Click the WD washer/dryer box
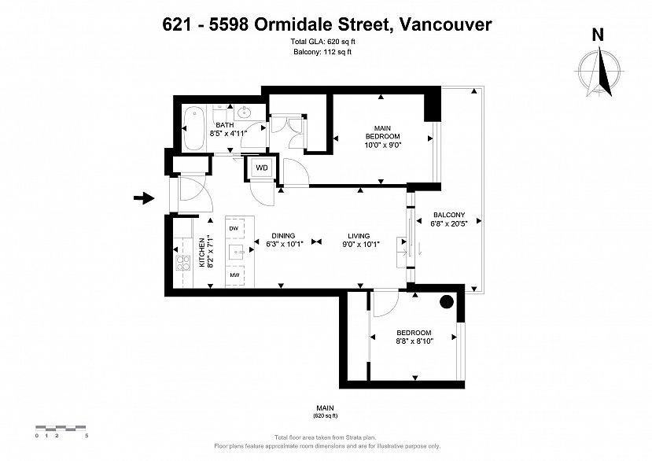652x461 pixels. [262, 168]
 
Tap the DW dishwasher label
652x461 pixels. [234, 228]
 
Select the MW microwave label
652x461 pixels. [234, 275]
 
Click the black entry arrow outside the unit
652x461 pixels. [144, 198]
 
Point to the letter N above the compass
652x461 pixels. [598, 35]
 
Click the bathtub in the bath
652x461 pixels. [193, 128]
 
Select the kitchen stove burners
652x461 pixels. [183, 263]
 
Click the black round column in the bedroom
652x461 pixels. [447, 302]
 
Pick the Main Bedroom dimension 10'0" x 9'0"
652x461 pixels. [382, 145]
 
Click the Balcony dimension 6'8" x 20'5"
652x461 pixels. [449, 223]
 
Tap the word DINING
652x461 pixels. [284, 235]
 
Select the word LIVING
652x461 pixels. [359, 236]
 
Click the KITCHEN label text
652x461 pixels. [201, 253]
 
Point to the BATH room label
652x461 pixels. [224, 125]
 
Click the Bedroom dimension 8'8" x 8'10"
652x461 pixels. [414, 341]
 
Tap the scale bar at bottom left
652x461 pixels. [61, 428]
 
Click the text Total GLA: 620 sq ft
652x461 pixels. [322, 42]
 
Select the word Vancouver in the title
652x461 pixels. [445, 24]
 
